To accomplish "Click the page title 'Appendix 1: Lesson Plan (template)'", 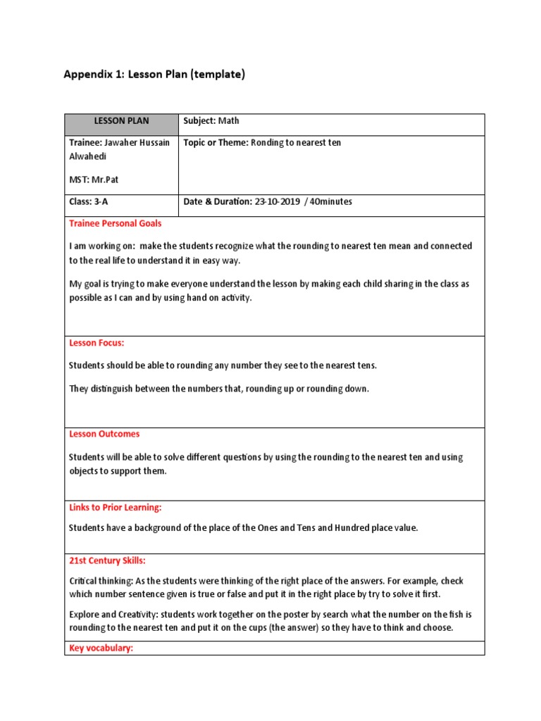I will click(154, 75).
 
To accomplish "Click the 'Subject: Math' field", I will click(211, 121).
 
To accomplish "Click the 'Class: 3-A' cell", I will click(89, 202).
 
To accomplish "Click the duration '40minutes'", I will click(331, 202).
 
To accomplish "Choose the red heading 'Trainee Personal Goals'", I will click(115, 224).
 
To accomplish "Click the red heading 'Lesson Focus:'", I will click(97, 344).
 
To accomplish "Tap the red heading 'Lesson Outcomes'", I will click(104, 434).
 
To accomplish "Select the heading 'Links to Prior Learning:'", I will click(116, 508).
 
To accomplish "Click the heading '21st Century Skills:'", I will click(107, 561).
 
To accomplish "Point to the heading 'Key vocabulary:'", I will click(101, 648).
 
